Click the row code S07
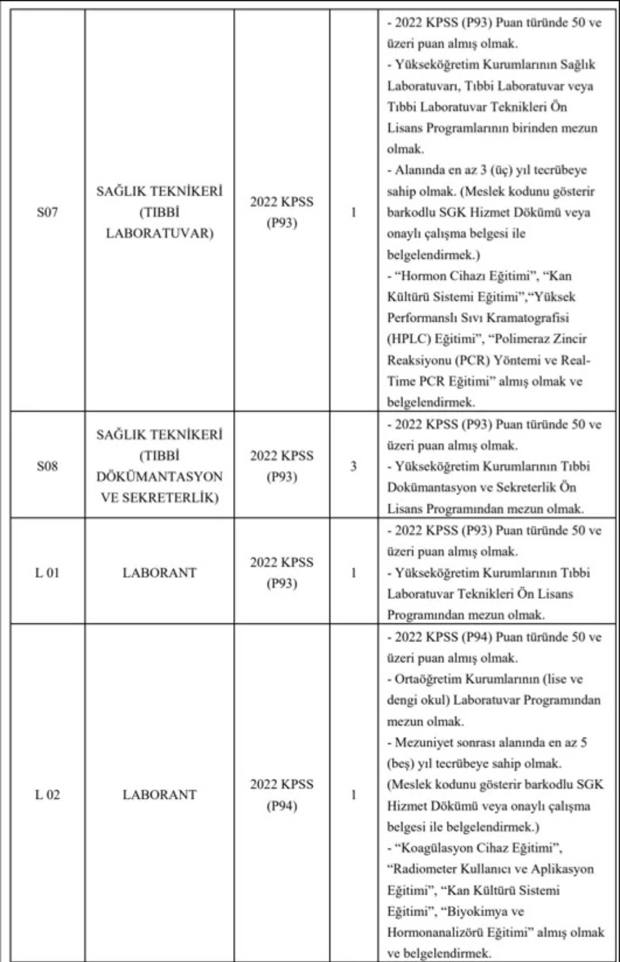pos(47,212)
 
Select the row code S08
pos(47,466)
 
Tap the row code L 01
pos(47,573)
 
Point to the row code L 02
pos(47,795)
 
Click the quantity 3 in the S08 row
pos(353,466)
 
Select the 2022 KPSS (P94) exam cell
pos(282,795)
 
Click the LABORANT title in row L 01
pos(159,573)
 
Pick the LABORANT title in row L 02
pos(159,795)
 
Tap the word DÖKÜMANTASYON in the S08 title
pos(159,477)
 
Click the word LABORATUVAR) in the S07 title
pos(159,233)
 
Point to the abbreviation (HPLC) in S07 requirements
pos(409,339)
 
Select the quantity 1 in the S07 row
pos(353,212)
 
